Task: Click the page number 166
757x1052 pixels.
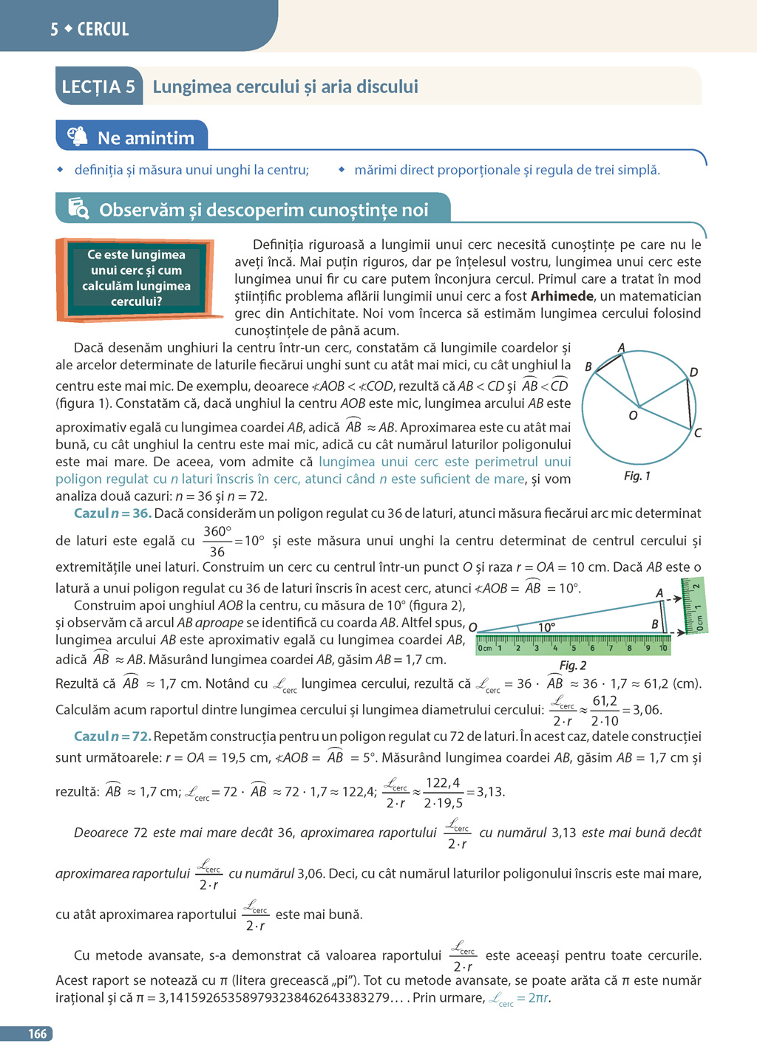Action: point(38,1034)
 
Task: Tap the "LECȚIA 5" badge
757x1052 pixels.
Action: point(98,87)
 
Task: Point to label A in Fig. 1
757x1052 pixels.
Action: point(621,347)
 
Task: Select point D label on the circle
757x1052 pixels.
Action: point(693,372)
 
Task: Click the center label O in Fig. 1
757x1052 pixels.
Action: point(633,416)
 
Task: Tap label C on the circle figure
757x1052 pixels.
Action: point(697,433)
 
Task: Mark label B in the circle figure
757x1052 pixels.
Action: point(588,366)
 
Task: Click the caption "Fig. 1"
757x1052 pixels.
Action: point(637,477)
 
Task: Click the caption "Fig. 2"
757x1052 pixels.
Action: point(573,666)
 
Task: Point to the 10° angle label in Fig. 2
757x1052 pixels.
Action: point(546,627)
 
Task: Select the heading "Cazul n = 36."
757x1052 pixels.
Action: point(112,513)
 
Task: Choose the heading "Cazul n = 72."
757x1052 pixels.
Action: point(112,737)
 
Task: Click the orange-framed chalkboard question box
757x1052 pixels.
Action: point(136,279)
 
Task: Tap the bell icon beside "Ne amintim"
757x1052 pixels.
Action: point(78,137)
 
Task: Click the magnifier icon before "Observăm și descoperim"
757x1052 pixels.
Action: point(78,209)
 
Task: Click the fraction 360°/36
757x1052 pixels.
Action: point(217,542)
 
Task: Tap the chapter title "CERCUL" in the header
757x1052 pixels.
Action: point(103,30)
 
